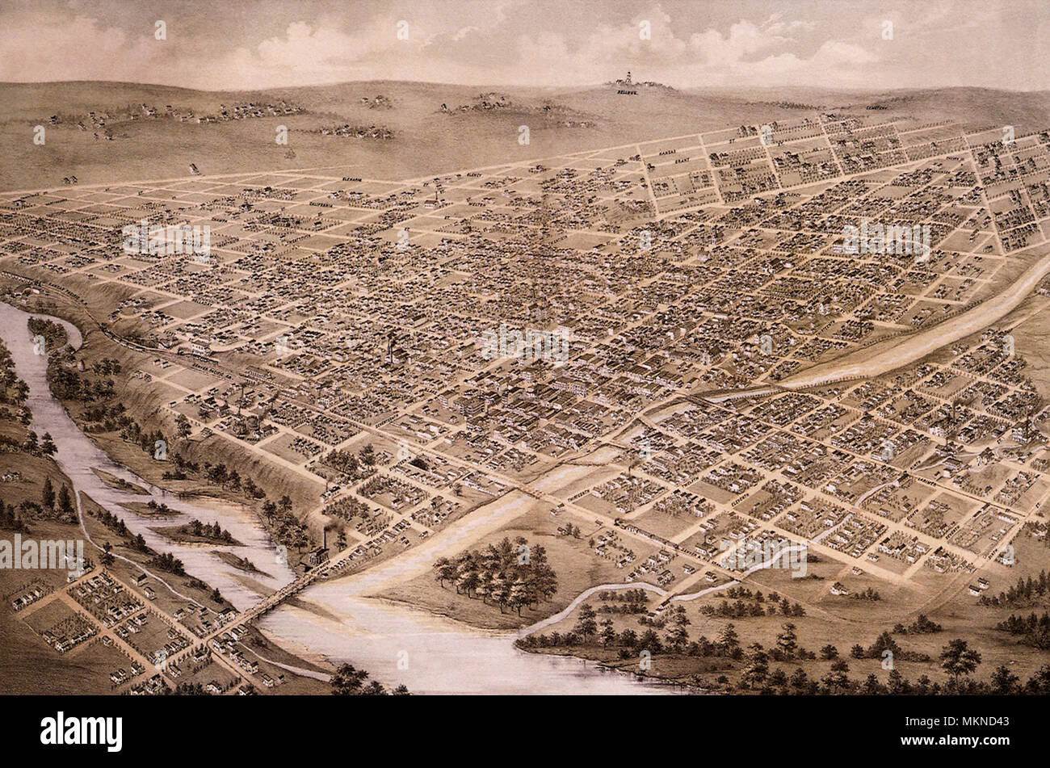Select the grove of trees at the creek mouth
coord(497,574)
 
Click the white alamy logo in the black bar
coord(81,732)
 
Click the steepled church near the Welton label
coord(437,194)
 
